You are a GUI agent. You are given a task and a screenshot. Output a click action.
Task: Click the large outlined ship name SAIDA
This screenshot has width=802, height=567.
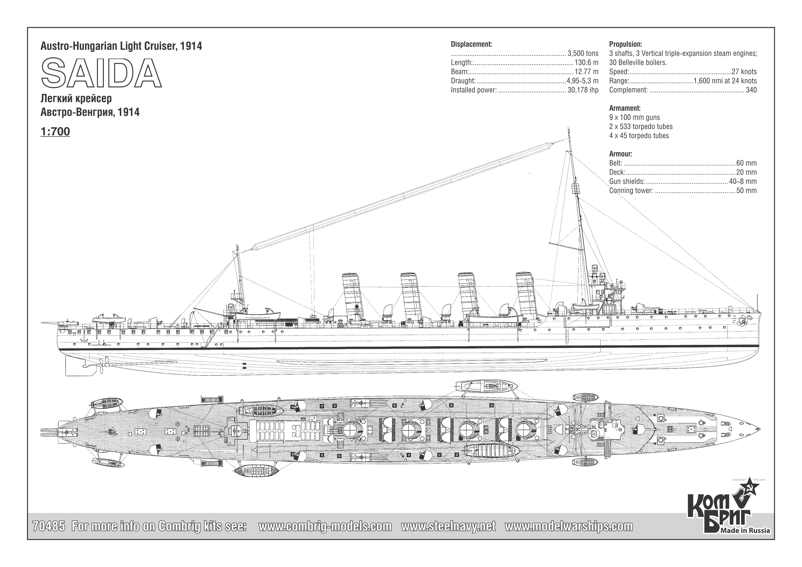101,73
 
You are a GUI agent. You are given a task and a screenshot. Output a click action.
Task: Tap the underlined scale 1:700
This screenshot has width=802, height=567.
55,132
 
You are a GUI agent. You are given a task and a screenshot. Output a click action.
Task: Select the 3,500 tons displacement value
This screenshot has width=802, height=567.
583,53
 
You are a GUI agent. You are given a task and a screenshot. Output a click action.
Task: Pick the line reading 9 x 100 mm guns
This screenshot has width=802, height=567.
634,117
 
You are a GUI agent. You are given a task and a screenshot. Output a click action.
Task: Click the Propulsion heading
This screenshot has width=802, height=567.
625,44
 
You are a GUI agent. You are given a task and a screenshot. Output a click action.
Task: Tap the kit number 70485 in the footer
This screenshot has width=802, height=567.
48,526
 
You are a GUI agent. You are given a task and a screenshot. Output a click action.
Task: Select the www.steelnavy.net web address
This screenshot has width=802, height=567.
448,526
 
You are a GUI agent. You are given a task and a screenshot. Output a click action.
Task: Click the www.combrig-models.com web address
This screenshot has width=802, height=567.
325,526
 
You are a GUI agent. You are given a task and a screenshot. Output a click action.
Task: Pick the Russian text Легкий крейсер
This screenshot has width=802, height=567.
76,99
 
